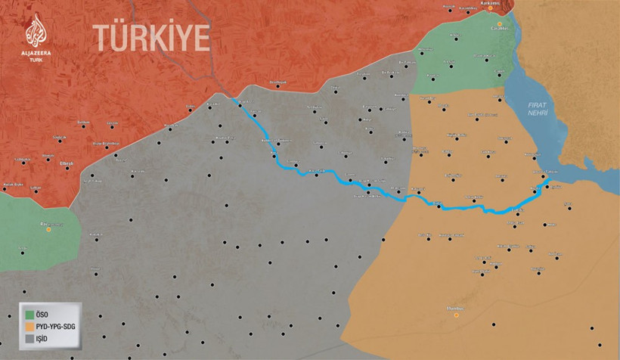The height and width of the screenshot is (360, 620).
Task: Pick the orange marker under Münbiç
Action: [456, 315]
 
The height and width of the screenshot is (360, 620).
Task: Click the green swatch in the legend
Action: [29, 312]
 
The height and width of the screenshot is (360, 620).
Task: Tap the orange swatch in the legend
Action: [29, 325]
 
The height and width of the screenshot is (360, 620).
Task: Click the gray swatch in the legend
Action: [29, 340]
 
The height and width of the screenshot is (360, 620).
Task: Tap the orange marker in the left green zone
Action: [49, 229]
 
